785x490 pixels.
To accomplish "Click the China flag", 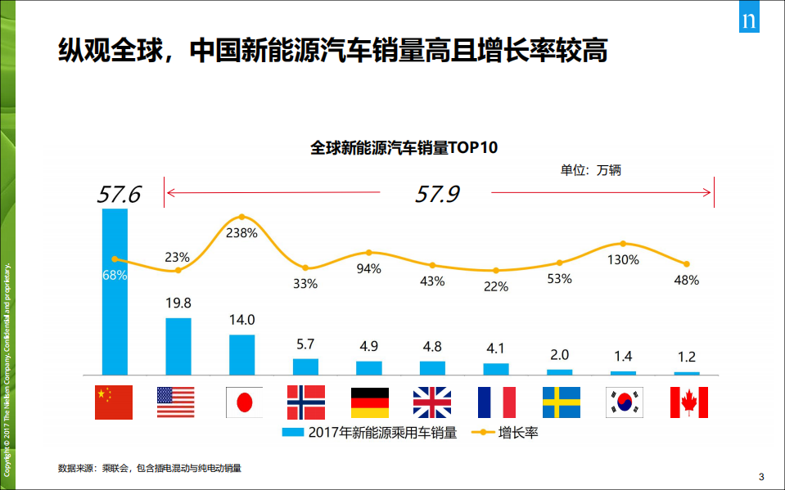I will [x=114, y=402].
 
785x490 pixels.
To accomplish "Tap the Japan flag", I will [x=244, y=402].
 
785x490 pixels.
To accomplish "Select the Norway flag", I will [x=306, y=402].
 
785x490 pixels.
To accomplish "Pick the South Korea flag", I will [x=625, y=402].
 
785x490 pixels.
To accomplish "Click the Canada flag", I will [x=688, y=402].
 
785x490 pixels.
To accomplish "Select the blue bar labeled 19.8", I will [x=178, y=346].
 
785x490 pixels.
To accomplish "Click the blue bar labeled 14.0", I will [x=241, y=354].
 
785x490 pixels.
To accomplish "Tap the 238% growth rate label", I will [x=242, y=232].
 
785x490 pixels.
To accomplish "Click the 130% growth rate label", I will [x=623, y=259].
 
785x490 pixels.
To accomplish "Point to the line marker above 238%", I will [x=242, y=217].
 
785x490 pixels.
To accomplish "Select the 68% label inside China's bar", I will [x=115, y=276].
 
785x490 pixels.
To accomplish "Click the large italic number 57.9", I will [x=437, y=194].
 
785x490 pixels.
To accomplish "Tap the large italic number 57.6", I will [x=120, y=195].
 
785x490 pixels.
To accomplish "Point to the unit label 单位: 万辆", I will [x=590, y=170].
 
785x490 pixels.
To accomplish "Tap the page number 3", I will [x=761, y=477].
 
